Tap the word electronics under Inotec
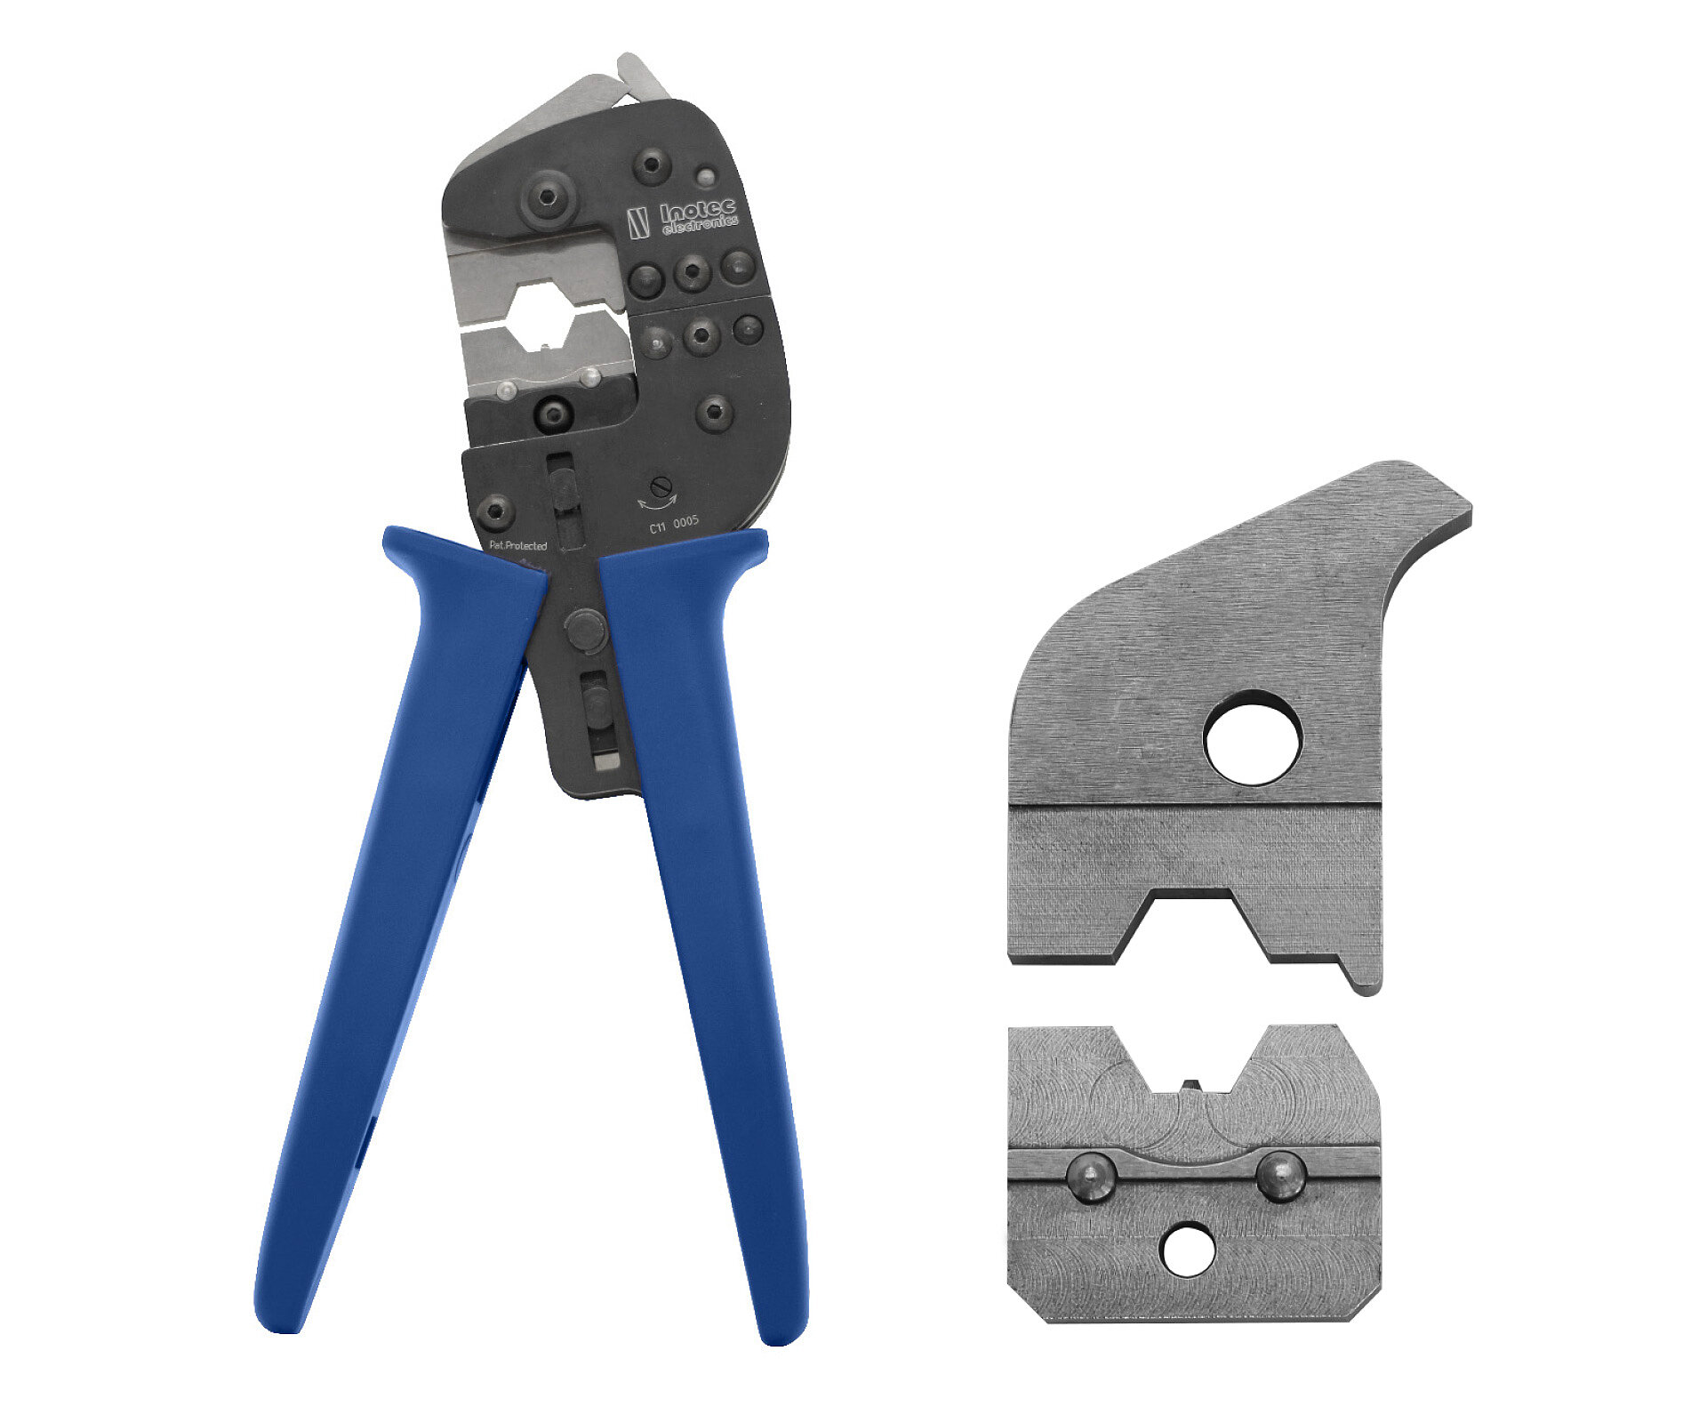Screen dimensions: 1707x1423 tap(701, 224)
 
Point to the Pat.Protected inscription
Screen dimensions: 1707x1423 tap(518, 545)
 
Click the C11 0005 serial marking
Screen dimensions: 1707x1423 tap(674, 525)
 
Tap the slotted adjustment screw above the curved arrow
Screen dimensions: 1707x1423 tap(659, 485)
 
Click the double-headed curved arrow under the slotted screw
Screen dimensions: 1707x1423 tap(657, 502)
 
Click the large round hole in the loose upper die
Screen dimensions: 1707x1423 tap(1252, 738)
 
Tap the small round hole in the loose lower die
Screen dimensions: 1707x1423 tap(1189, 1250)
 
